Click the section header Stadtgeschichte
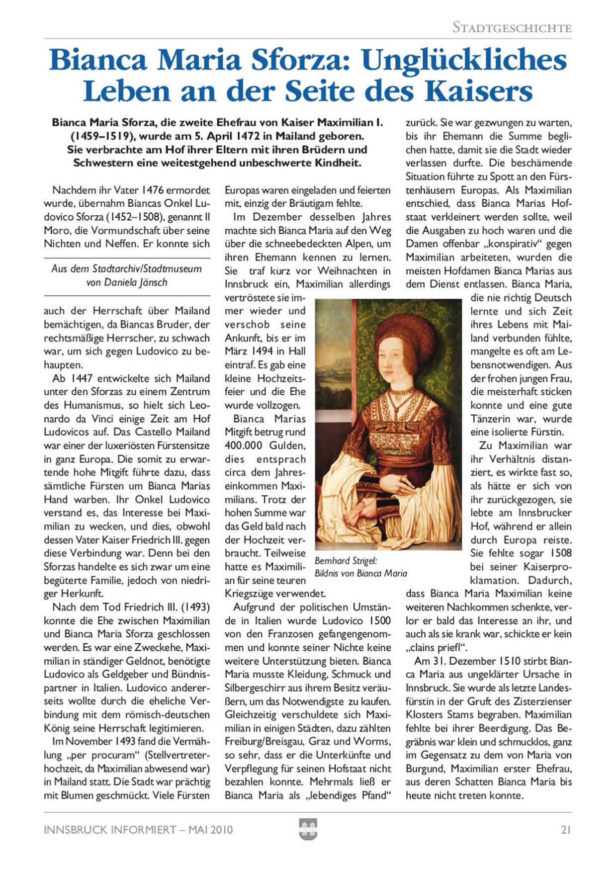click(512, 28)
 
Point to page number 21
click(566, 829)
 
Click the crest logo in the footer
click(308, 829)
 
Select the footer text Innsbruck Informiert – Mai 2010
click(138, 829)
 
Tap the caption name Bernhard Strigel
click(346, 561)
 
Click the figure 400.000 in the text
click(244, 445)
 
